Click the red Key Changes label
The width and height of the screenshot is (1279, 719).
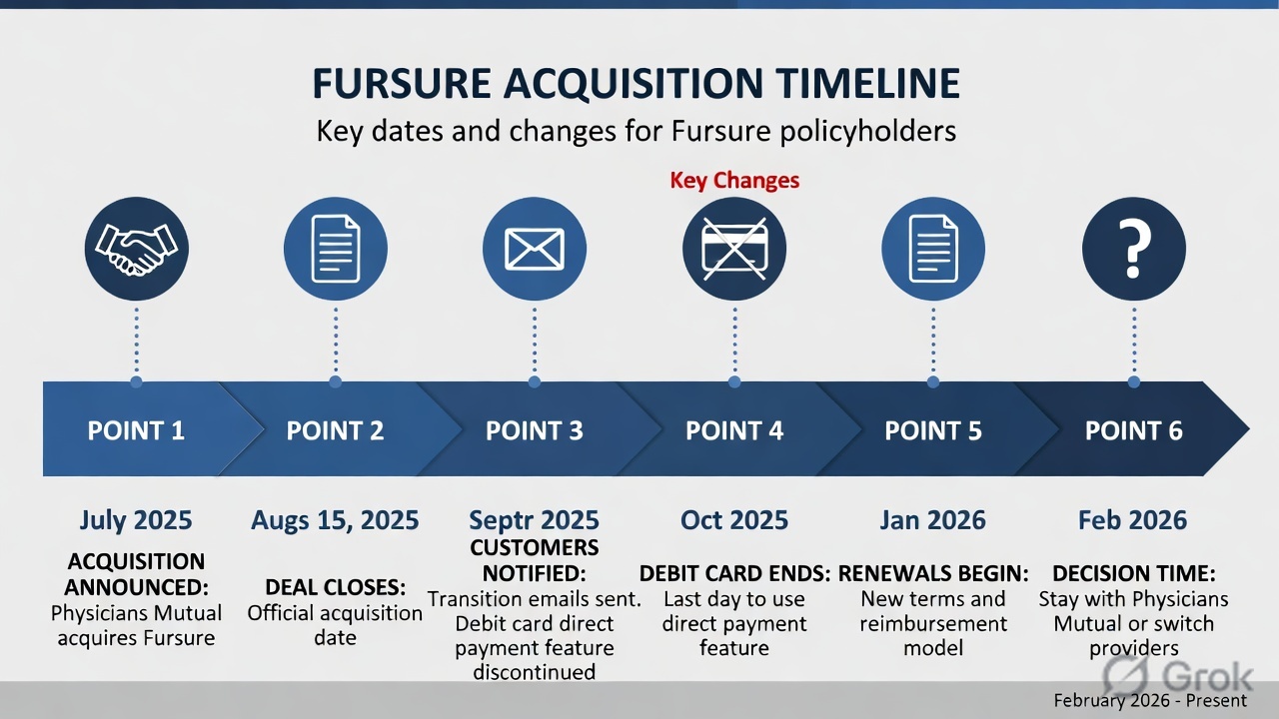coord(734,181)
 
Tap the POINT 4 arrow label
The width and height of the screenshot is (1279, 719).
coord(734,430)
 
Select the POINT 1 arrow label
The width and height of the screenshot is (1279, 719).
coord(136,430)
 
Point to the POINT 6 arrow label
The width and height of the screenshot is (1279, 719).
coord(1133,430)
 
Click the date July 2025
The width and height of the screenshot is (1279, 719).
coord(136,520)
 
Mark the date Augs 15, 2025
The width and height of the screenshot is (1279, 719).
coord(335,520)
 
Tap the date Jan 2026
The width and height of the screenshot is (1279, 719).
coord(933,520)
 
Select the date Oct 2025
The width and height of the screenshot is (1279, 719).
coord(734,520)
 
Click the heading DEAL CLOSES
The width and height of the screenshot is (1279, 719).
coord(335,587)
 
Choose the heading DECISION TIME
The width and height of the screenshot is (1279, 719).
coord(1133,574)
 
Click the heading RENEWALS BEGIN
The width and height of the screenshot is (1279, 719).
coord(933,574)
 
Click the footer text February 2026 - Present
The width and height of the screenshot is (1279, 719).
coord(1150,700)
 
